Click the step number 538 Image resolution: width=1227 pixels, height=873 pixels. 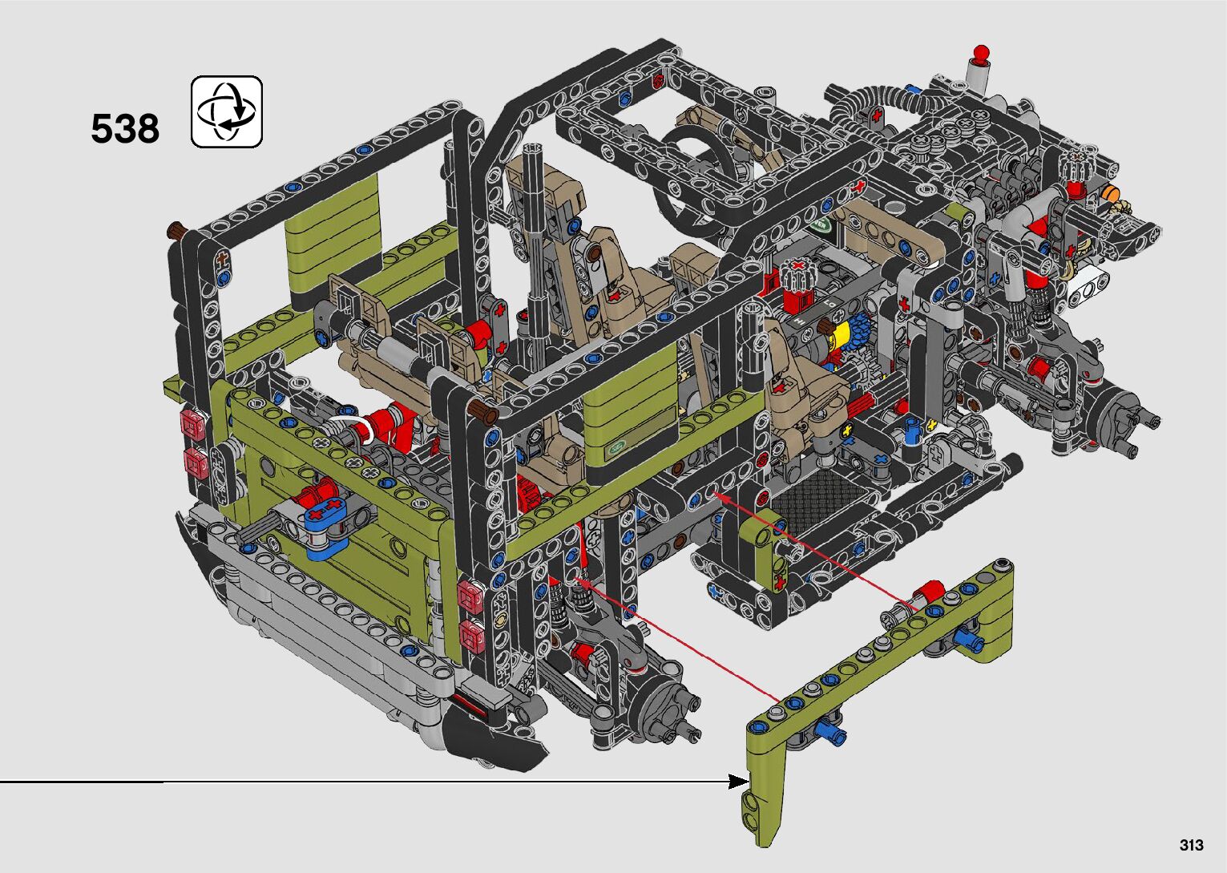click(x=125, y=129)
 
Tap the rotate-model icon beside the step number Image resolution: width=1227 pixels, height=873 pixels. click(x=226, y=111)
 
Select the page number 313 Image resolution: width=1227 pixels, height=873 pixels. click(x=1192, y=844)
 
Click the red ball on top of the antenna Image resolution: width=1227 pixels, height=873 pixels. click(x=981, y=52)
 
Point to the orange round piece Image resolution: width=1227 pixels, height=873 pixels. click(x=1110, y=193)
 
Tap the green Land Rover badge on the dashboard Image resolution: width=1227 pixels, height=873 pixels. click(x=822, y=224)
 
